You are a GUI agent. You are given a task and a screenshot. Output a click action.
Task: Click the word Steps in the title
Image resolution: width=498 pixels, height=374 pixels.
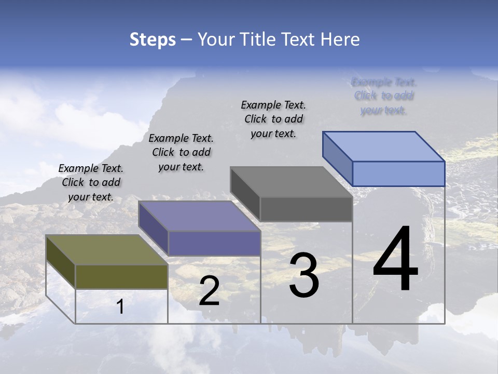pos(153,39)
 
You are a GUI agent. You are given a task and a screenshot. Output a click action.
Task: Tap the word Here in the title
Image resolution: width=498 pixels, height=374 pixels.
pos(340,39)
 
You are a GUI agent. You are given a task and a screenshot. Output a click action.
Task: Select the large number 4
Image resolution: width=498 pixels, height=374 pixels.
pos(395,260)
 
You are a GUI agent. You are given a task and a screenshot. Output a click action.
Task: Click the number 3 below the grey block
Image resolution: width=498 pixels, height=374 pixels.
pos(304,275)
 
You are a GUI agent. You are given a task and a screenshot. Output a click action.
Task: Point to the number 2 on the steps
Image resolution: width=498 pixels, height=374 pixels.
pos(209,291)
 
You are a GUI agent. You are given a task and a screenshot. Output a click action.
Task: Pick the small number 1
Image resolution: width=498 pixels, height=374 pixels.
pos(120,307)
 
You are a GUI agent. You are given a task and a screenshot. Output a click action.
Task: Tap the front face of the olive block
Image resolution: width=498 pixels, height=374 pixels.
pos(121,276)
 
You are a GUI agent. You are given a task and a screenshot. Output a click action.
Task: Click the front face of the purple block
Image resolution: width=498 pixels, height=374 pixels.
pos(214,243)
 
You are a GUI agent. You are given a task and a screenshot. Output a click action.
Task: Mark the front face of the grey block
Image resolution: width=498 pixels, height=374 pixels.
pos(306,209)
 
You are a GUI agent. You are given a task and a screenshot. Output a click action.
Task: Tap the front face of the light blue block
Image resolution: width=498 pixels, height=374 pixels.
pos(398,173)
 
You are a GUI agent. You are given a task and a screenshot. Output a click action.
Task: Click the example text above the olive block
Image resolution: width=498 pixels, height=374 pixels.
pos(91,182)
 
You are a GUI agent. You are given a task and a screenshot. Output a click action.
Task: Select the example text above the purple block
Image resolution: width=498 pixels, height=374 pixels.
pos(181,152)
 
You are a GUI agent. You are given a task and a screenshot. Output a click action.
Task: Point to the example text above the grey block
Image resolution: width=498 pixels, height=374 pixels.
pos(273,119)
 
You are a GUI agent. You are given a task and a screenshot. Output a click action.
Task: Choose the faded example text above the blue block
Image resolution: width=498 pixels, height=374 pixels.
pos(384,96)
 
